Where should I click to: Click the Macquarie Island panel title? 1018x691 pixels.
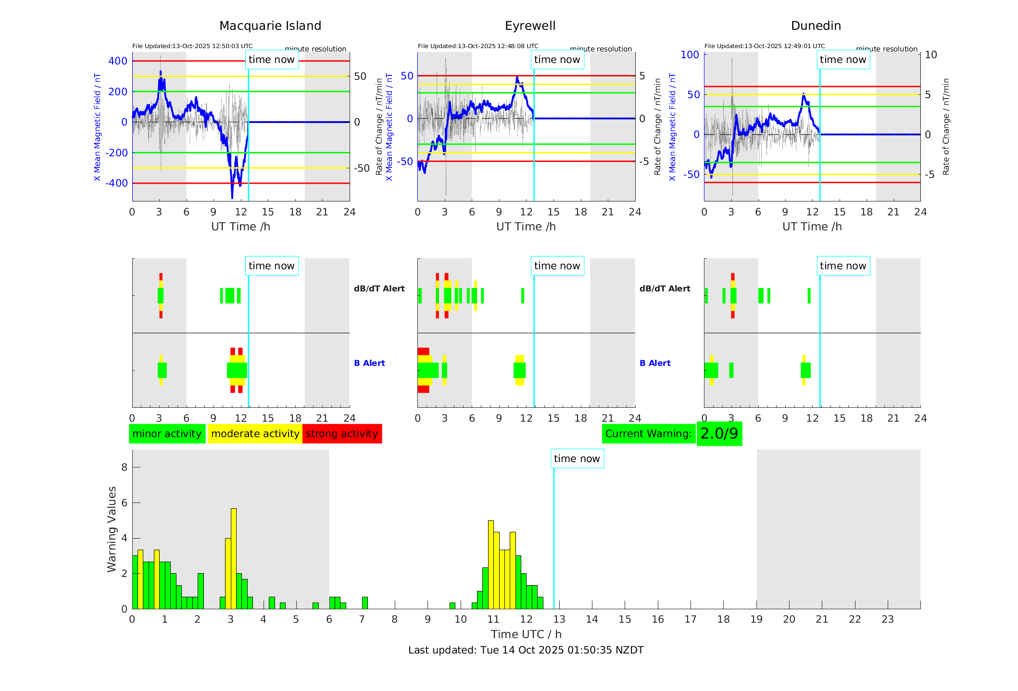(x=270, y=26)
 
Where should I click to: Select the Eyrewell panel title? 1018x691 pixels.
(x=530, y=26)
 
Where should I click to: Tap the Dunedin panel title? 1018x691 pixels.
(x=816, y=26)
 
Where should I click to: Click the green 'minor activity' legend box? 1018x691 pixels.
(x=167, y=434)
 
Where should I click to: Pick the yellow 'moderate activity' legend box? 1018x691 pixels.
(x=255, y=434)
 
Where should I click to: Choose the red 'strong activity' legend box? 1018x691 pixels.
(x=342, y=434)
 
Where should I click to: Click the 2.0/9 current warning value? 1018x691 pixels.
(x=719, y=434)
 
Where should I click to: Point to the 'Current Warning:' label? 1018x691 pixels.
(x=648, y=434)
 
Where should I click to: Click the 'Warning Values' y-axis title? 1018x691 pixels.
(x=112, y=529)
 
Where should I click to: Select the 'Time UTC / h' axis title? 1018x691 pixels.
(x=526, y=634)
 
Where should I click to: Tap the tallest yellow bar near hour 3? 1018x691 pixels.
(x=234, y=558)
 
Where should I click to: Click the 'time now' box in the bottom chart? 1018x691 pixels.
(x=577, y=459)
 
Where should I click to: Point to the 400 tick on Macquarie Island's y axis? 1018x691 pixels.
(x=118, y=61)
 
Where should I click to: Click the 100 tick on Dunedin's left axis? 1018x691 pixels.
(x=690, y=55)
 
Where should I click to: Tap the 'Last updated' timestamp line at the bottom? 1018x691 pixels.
(x=526, y=650)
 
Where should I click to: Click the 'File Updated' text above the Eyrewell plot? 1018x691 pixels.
(x=478, y=46)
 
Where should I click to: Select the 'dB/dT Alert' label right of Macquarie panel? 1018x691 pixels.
(x=379, y=289)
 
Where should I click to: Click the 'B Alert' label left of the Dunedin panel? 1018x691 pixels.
(x=655, y=363)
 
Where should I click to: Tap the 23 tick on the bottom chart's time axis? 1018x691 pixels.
(x=887, y=619)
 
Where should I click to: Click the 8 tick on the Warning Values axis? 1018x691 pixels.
(x=125, y=467)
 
